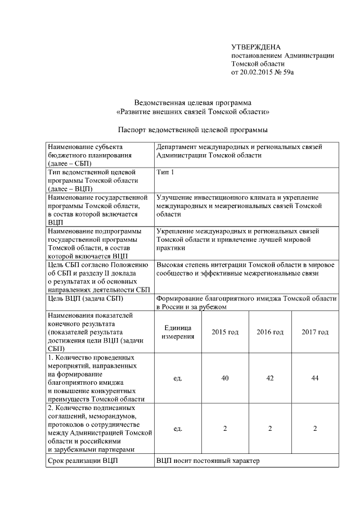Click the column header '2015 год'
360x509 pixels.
225,332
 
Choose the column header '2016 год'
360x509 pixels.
270,332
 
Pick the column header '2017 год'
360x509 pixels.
315,332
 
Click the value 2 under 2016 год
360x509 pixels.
270,429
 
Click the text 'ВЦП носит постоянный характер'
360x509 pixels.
208,462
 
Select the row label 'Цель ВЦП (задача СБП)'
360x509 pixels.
87,299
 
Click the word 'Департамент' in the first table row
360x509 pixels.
179,147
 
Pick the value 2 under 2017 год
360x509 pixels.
315,429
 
